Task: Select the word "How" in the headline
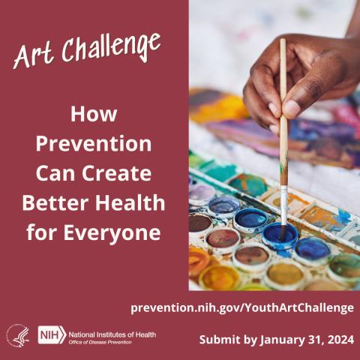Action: [94, 115]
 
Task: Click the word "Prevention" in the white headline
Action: [94, 144]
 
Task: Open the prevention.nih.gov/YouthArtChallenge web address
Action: [241, 307]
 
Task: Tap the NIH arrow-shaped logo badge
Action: [51, 334]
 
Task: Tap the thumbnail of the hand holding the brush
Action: [300, 82]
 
